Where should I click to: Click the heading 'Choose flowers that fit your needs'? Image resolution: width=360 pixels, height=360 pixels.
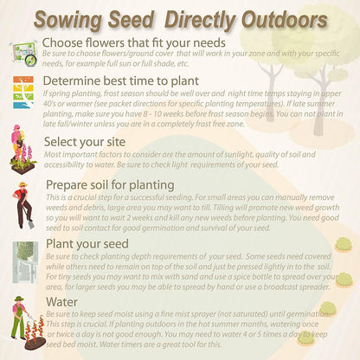[x=133, y=42]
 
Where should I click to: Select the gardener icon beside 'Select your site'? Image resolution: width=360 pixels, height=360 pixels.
[x=21, y=149]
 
